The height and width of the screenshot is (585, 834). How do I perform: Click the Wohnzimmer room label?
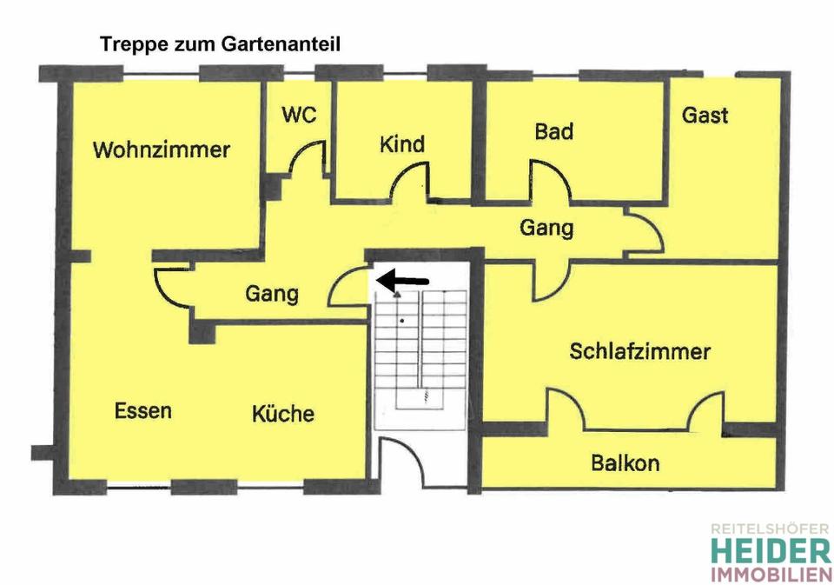(x=161, y=150)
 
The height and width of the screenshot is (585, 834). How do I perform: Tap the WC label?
(x=298, y=115)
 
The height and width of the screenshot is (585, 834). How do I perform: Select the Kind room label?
(x=402, y=143)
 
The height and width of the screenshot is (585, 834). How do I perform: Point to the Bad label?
(x=553, y=131)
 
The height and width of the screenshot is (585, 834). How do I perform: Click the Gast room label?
(x=705, y=115)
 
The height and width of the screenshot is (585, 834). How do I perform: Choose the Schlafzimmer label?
(x=640, y=351)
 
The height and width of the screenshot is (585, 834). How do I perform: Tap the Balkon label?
(x=625, y=462)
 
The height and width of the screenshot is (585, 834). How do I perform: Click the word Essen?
(x=143, y=410)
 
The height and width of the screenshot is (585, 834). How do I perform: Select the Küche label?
(x=283, y=413)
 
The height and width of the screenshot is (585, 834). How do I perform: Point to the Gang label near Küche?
(x=271, y=294)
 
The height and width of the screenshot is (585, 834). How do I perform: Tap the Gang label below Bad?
(x=546, y=228)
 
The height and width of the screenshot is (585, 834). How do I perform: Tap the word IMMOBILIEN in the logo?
(x=770, y=575)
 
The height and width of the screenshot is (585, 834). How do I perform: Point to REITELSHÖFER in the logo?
(x=770, y=528)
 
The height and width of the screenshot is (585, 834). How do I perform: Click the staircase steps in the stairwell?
(x=420, y=348)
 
